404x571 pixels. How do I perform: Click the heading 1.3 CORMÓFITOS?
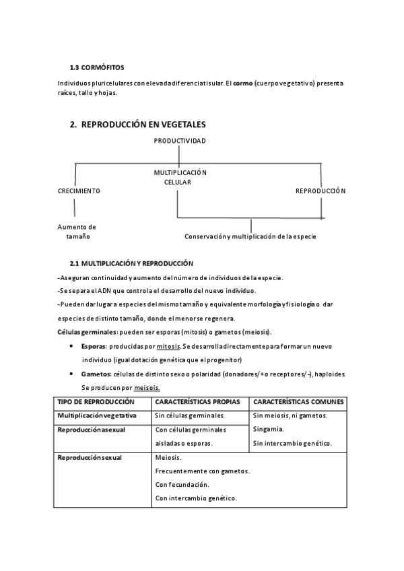(97, 67)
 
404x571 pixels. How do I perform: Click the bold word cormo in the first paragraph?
(242, 83)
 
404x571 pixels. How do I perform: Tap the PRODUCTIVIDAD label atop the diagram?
(180, 141)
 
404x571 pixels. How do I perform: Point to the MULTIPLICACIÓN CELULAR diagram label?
(180, 177)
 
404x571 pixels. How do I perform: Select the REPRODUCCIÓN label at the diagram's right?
(321, 191)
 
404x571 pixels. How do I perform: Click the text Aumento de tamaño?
(77, 232)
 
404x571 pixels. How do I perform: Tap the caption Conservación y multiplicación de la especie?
(250, 236)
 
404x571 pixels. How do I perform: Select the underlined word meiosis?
(147, 388)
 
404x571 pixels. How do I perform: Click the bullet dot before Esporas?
(72, 345)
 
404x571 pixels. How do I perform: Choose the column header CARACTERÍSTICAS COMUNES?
(299, 401)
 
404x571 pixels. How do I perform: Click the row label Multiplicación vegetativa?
(97, 415)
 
